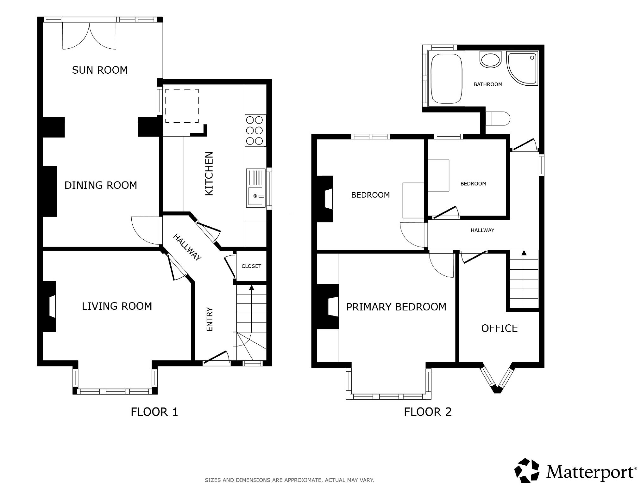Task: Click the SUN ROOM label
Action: click(x=100, y=70)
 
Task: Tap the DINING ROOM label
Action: click(x=101, y=185)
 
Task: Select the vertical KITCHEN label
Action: click(x=209, y=174)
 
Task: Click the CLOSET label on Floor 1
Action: click(x=251, y=266)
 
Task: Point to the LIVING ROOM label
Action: click(x=117, y=306)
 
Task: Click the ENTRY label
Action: click(x=210, y=319)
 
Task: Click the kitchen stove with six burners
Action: click(x=255, y=130)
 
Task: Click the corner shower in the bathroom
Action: click(x=522, y=68)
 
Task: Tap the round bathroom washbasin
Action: click(x=491, y=59)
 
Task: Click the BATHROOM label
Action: click(x=488, y=84)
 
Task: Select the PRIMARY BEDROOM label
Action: click(x=396, y=307)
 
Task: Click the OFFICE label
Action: click(x=500, y=328)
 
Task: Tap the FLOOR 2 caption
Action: click(x=428, y=412)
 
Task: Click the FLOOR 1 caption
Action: click(x=154, y=412)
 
